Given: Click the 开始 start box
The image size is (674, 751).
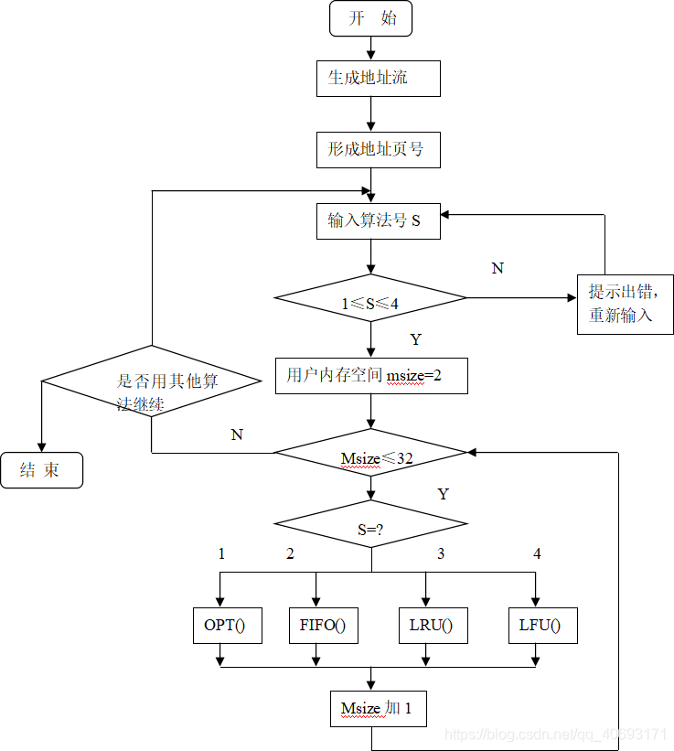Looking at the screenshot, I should (370, 18).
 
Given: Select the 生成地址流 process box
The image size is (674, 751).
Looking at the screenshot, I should (378, 79).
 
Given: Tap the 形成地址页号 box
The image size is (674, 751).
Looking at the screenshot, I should (378, 149).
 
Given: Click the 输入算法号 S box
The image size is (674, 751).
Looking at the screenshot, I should (378, 220).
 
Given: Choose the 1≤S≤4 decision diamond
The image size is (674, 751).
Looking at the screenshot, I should (370, 298).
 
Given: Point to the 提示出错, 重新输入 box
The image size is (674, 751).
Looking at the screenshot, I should (625, 304).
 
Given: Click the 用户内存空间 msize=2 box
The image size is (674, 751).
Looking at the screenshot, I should (370, 375).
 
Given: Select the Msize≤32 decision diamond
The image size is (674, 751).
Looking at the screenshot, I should (370, 453).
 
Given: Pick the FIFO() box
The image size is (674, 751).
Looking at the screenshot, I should (323, 626).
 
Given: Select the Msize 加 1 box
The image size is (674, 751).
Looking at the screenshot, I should (378, 709).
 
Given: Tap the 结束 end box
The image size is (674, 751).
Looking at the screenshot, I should (41, 470).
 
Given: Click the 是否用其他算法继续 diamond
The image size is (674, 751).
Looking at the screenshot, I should (152, 381).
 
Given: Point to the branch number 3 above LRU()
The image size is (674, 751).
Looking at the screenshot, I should (441, 553).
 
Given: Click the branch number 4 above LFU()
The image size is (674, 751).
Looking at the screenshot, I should (537, 553).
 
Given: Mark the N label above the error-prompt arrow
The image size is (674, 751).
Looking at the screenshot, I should (497, 268).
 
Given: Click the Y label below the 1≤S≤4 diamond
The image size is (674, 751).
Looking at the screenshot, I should (415, 339).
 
